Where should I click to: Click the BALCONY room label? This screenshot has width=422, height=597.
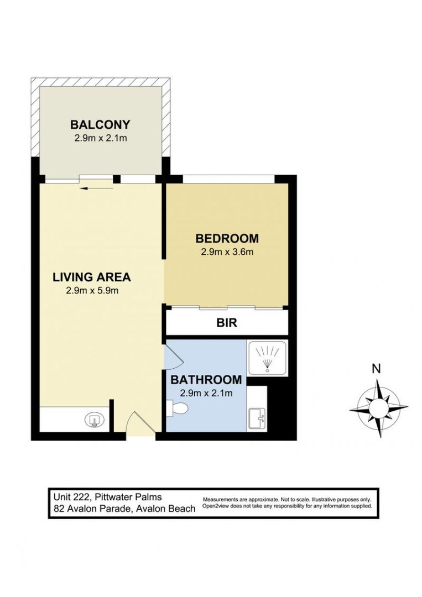tap(100, 124)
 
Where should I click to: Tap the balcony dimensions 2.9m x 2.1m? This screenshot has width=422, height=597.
tap(101, 138)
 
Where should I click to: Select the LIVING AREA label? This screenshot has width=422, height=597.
tap(92, 276)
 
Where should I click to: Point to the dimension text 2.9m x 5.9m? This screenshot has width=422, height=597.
tap(92, 290)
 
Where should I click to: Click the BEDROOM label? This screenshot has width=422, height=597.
tap(227, 239)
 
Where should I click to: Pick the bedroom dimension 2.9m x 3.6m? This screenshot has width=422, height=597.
tap(227, 253)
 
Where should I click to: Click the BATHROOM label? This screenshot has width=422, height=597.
tap(206, 380)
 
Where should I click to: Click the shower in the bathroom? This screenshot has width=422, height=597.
tap(267, 358)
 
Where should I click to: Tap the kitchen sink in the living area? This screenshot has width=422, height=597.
tap(95, 420)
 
